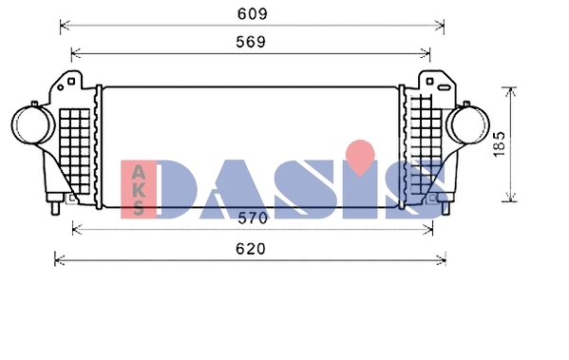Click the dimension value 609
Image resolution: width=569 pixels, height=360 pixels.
pyautogui.click(x=252, y=13)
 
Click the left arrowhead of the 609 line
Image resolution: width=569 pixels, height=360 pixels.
pyautogui.click(x=63, y=26)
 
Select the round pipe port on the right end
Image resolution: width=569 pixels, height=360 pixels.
pyautogui.click(x=469, y=126)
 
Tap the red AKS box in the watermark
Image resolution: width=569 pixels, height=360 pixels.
pyautogui.click(x=138, y=190)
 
